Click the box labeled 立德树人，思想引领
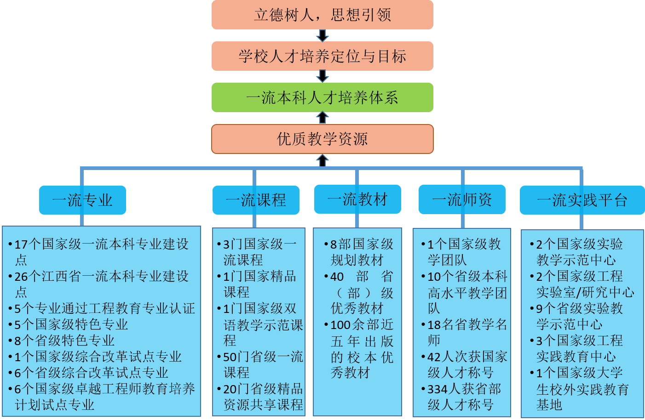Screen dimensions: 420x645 coord(322,15)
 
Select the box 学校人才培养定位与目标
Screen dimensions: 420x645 coord(322,56)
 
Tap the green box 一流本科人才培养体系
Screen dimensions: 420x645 coord(322,97)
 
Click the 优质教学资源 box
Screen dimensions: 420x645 coord(322,139)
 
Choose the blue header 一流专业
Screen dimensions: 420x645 coord(82,200)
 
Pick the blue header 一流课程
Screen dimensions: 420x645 coord(256,200)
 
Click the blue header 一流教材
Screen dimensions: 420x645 coord(357,199)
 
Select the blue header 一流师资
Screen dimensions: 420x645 coord(462,199)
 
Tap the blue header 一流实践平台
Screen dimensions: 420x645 coord(582,200)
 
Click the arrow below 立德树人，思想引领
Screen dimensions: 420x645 coord(322,36)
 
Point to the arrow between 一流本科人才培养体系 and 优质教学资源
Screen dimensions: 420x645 coord(322,118)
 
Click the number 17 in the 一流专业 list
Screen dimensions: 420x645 coord(21,244)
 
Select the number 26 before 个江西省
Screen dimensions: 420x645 coord(21,277)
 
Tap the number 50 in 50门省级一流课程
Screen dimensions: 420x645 coord(230,357)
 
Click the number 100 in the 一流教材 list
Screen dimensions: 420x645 coord(340,325)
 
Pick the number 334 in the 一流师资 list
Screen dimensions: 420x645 coord(438,389)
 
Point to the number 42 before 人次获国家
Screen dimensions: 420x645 coord(434,357)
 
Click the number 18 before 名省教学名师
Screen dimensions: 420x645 coord(434,325)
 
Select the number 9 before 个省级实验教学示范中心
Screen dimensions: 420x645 coord(539,309)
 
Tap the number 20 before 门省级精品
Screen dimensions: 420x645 coord(230,389)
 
